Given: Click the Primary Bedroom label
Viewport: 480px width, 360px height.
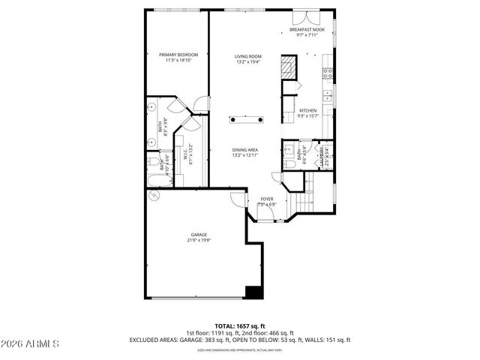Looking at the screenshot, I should click(178, 57).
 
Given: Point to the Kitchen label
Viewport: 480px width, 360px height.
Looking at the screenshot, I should click(308, 113).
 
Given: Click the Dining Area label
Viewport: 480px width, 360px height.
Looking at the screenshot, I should click(245, 152).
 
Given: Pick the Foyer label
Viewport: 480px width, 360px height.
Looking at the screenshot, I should click(267, 201).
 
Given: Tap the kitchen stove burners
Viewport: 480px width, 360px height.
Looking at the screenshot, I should click(328, 73).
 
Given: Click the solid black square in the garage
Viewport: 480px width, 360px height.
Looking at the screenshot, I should click(253, 293).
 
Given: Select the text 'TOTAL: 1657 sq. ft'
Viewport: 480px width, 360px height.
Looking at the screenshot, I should click(240, 326).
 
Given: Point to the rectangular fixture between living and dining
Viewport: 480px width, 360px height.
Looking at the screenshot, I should click(245, 118).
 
